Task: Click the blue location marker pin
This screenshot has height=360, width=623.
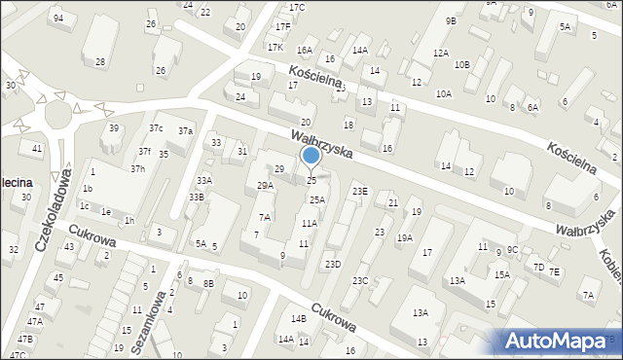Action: pyautogui.click(x=311, y=156)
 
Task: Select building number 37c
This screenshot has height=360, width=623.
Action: pyautogui.click(x=156, y=128)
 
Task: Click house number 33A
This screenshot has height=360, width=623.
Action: pyautogui.click(x=203, y=180)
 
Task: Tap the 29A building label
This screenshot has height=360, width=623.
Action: pyautogui.click(x=265, y=185)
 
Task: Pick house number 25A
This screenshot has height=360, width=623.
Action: pyautogui.click(x=316, y=199)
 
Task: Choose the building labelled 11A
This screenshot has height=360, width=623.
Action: pyautogui.click(x=309, y=223)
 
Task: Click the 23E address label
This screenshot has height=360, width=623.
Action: pyautogui.click(x=360, y=192)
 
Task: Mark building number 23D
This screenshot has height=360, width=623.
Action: pyautogui.click(x=333, y=264)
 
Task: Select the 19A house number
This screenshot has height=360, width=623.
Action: pyautogui.click(x=404, y=236)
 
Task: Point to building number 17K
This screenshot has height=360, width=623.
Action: pyautogui.click(x=275, y=47)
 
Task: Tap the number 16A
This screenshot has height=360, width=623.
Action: pyautogui.click(x=305, y=50)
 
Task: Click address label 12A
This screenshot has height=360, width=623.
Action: pyautogui.click(x=441, y=53)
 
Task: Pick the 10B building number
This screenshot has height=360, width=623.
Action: pyautogui.click(x=462, y=64)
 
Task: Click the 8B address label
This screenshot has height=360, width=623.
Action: pyautogui.click(x=207, y=284)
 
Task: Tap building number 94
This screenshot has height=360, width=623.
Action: pyautogui.click(x=58, y=18)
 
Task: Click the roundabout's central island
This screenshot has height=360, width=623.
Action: pyautogui.click(x=57, y=117)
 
